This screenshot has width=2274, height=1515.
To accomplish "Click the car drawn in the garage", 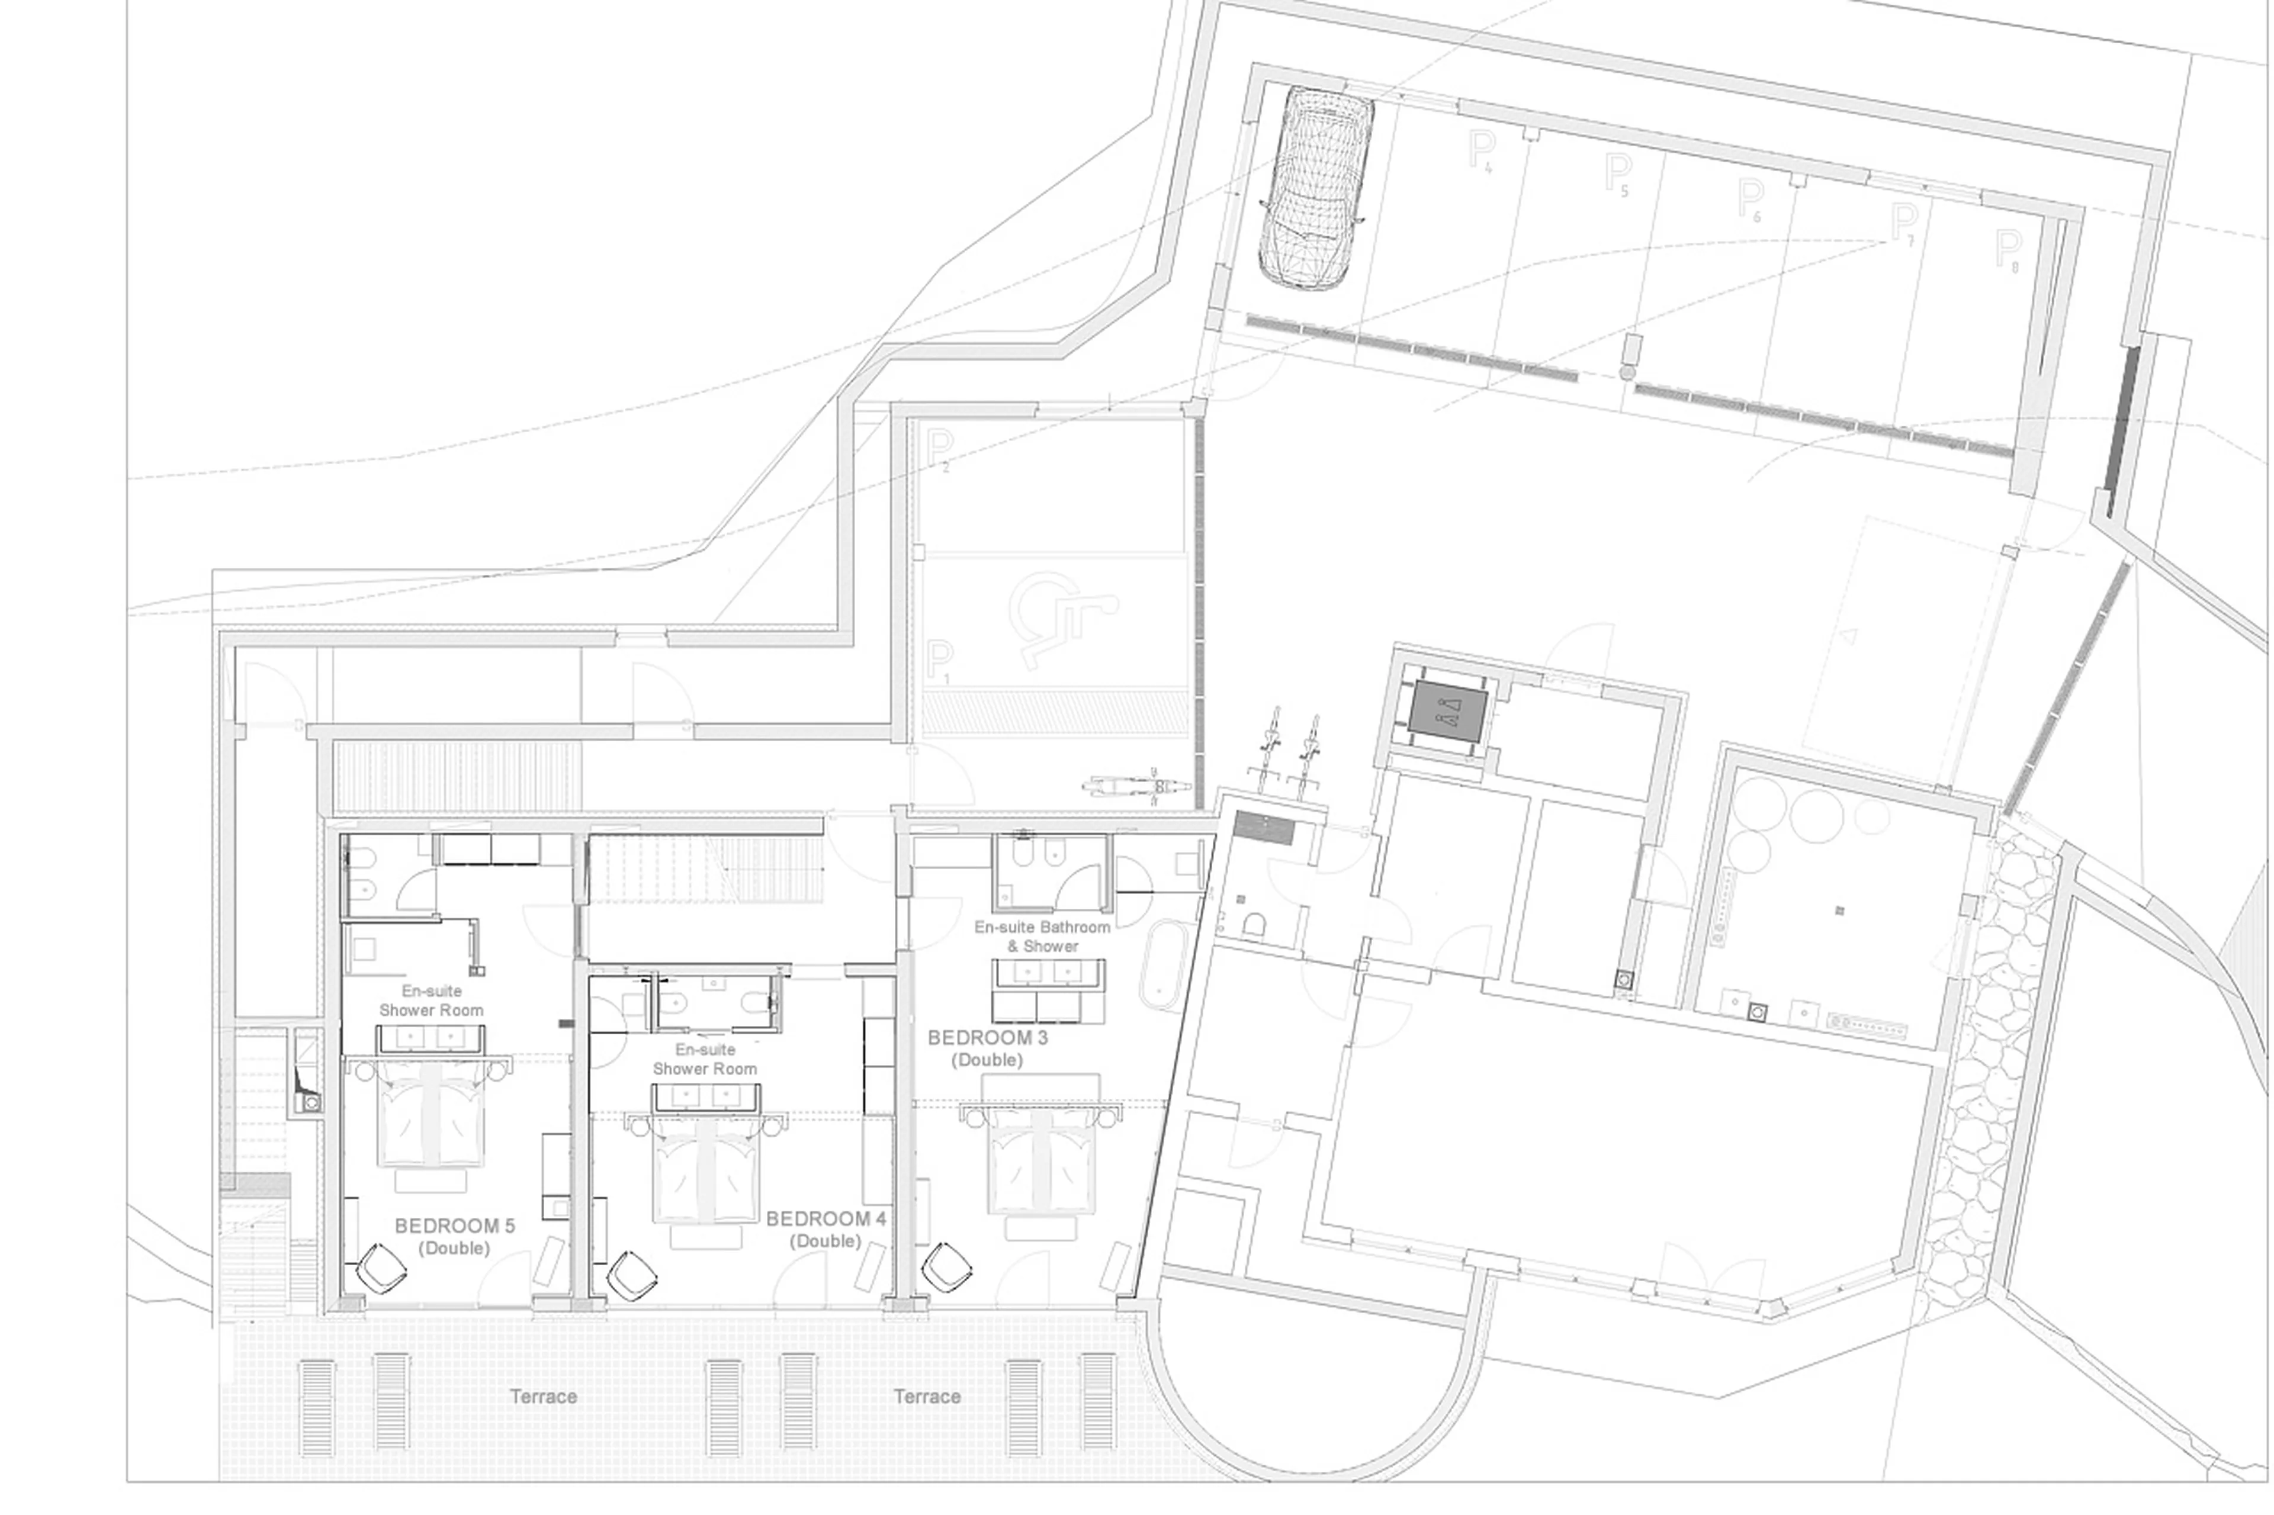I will [1314, 188].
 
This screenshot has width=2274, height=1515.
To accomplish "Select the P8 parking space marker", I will [2008, 250].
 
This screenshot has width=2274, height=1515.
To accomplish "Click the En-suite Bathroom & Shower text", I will [1042, 936].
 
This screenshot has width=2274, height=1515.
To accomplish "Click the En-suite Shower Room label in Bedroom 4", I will [705, 1059].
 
